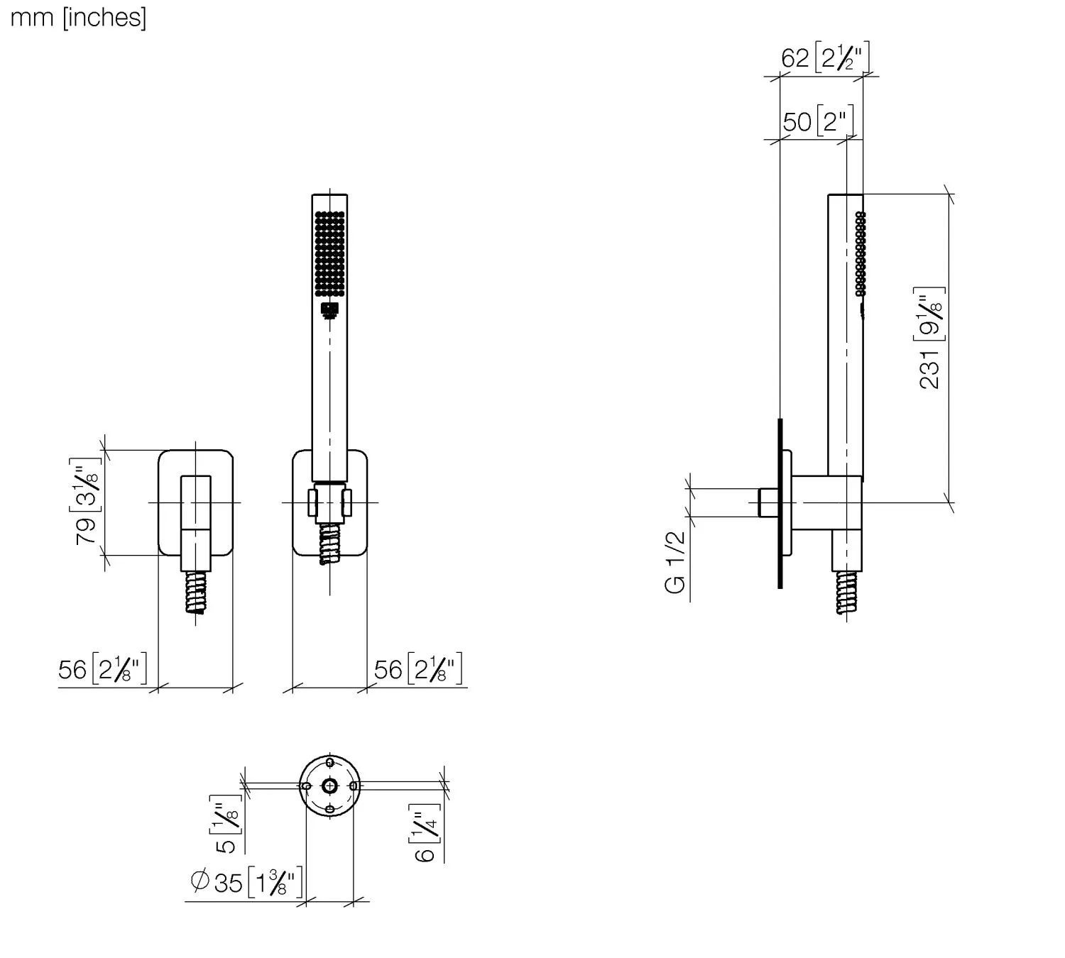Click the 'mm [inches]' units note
(78, 17)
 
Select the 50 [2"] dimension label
(817, 121)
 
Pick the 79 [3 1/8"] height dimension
(87, 502)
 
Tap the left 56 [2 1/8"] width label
(103, 669)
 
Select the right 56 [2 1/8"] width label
(418, 669)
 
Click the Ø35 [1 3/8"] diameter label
(246, 882)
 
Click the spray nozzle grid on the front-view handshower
(329, 253)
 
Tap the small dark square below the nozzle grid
(329, 309)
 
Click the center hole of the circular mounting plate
(329, 786)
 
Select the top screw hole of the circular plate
(329, 762)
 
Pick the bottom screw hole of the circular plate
(329, 810)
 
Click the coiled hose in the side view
(846, 593)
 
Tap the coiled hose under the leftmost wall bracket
(196, 593)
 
